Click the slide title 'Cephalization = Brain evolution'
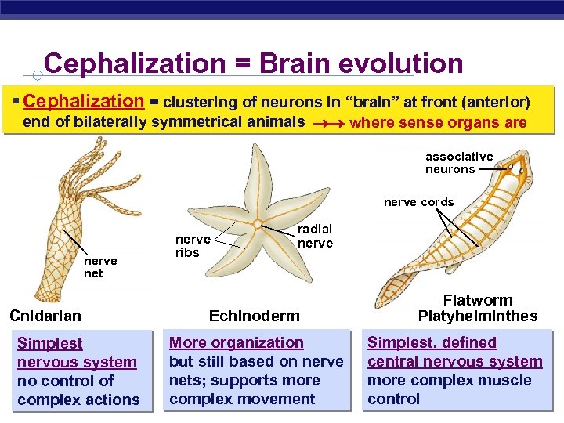pos(254,64)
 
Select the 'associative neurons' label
pos(459,163)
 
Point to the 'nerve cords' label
pos(418,202)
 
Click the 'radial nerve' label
pos(315,236)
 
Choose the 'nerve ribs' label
pos(193,246)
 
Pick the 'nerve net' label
pos(100,267)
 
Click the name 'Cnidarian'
pos(45,316)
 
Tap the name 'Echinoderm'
pos(255,316)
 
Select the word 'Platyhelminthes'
pos(478,316)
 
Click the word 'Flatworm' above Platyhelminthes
pos(478,301)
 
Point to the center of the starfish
pos(257,225)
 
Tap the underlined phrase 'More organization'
pos(237,342)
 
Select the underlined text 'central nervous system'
pos(455,361)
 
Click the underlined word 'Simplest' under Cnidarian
pos(49,343)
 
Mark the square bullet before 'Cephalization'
pos(16,103)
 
